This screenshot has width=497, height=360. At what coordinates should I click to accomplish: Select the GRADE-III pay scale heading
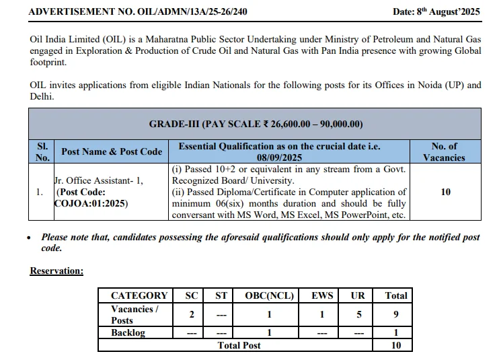click(256, 124)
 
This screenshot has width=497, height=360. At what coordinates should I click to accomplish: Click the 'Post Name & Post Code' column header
click(112, 151)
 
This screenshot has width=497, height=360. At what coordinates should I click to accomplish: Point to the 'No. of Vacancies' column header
click(444, 151)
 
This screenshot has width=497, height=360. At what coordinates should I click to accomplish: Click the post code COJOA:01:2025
click(91, 203)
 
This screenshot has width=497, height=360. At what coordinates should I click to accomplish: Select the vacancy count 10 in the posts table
click(445, 192)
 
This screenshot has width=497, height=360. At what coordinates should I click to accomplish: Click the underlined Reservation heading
click(56, 271)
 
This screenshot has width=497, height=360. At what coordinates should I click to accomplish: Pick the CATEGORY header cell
click(139, 295)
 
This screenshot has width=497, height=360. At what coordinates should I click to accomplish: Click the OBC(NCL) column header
click(269, 295)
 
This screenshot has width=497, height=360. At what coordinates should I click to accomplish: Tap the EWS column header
click(322, 295)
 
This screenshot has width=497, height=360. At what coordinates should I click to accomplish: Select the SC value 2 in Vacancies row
click(192, 314)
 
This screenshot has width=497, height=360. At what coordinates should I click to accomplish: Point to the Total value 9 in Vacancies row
click(396, 314)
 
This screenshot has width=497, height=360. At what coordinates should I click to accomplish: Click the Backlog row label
click(128, 332)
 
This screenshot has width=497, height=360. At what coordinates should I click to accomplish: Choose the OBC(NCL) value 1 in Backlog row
click(269, 332)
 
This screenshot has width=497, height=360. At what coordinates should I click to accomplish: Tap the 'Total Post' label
click(239, 345)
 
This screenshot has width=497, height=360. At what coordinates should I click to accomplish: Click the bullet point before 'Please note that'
click(28, 238)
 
